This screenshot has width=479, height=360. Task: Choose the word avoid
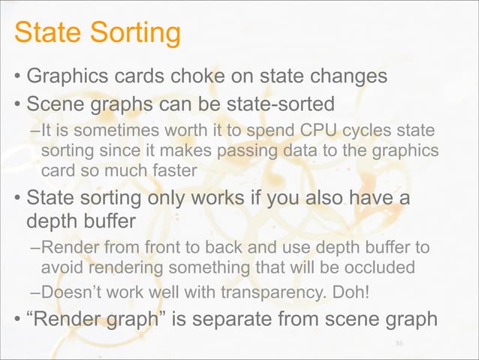coord(64,268)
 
